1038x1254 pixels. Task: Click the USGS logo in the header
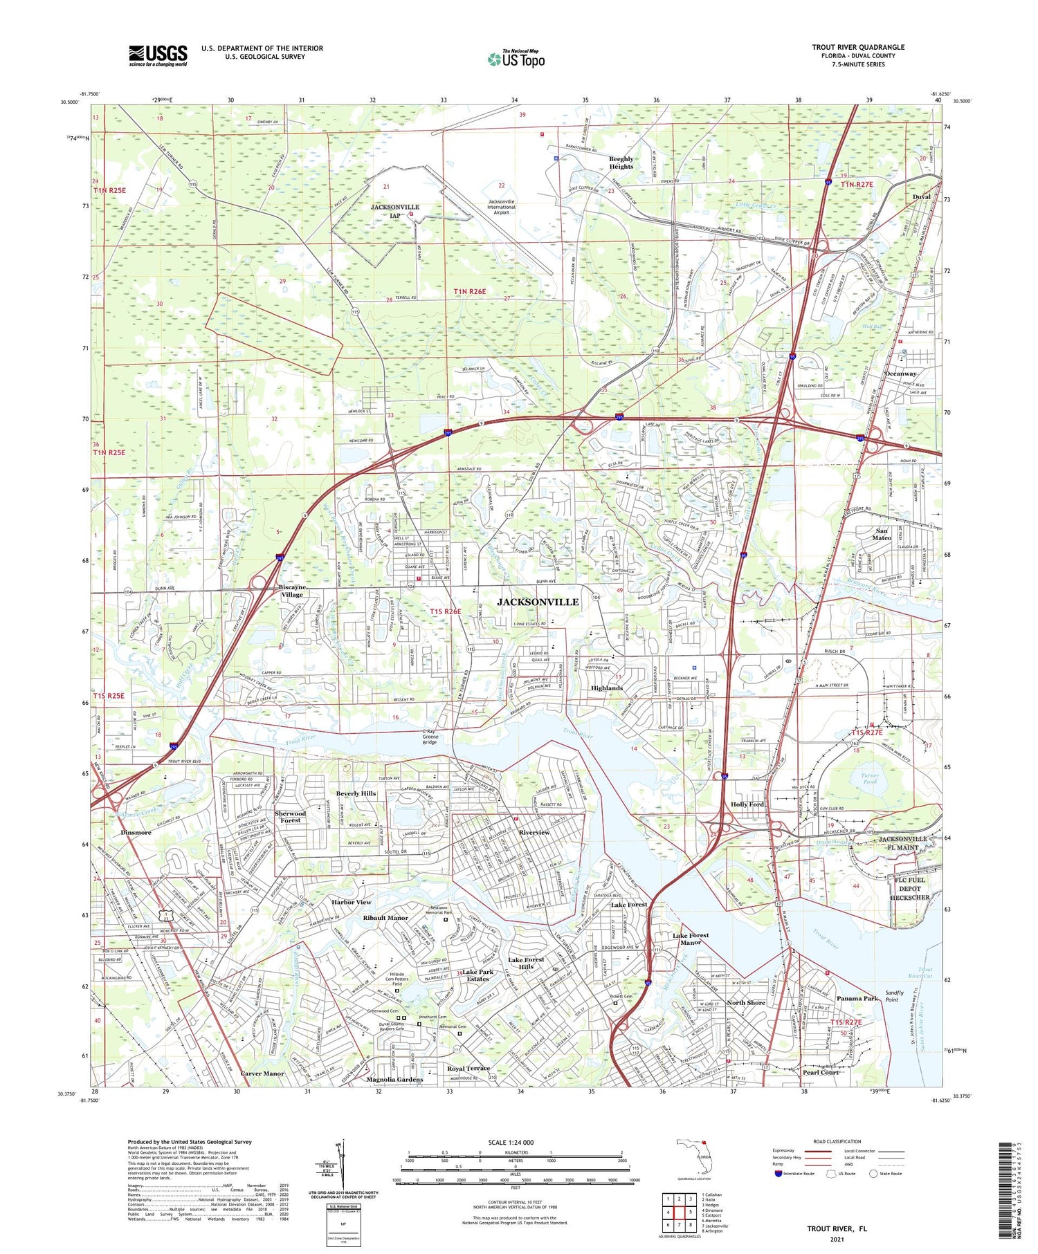[x=158, y=55]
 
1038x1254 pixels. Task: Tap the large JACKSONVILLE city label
[x=538, y=602]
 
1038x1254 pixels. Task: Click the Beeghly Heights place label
[x=621, y=163]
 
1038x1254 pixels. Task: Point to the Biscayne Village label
[x=291, y=591]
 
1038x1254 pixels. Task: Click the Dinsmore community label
[x=136, y=833]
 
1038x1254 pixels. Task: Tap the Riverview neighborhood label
[x=534, y=832]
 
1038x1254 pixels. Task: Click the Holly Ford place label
[x=747, y=804]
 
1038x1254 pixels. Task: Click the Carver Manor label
[x=262, y=1073]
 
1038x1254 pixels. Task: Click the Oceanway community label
[x=900, y=374]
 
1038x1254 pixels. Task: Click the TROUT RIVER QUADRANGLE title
[x=858, y=47]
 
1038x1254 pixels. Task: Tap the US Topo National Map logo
[x=516, y=58]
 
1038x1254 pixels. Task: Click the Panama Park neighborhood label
[x=857, y=998]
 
